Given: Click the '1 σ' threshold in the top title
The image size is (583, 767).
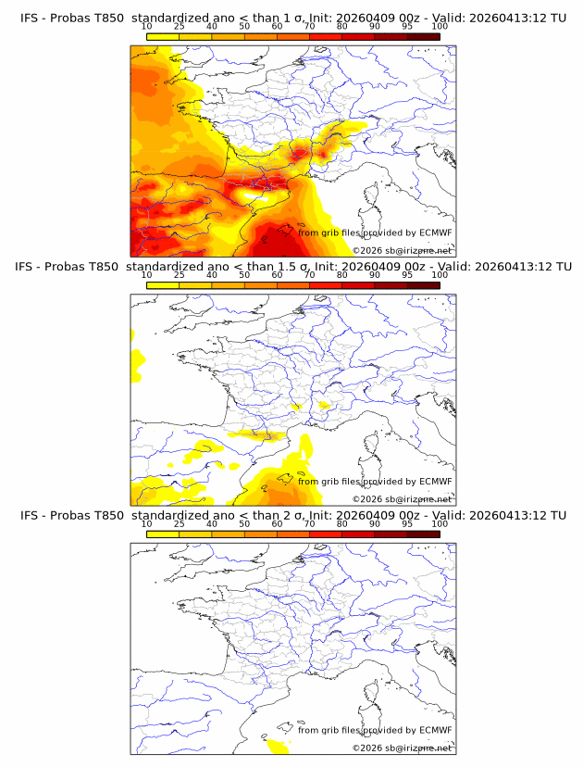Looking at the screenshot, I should coord(300,18).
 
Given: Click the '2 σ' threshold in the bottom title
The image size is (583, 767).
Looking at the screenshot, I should coord(300,515).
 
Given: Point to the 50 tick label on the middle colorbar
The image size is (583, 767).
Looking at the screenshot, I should coord(244,275).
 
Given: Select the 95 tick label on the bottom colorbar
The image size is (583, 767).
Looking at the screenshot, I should coord(407,523).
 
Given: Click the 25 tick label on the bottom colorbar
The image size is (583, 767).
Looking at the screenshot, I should coord(180,523).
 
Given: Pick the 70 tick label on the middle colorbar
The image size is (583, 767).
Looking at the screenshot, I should coord(310,275).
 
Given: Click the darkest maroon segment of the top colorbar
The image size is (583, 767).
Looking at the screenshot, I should coord(423,36).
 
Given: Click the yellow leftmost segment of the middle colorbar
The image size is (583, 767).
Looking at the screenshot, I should coord(162,285).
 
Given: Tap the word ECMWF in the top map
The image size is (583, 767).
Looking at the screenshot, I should coord(435,233).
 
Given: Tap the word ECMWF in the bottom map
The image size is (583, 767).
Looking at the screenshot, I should coord(435,730).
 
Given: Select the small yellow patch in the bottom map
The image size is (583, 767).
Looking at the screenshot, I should coord(275,746).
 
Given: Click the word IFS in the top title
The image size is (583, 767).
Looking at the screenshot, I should coord(30,18).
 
